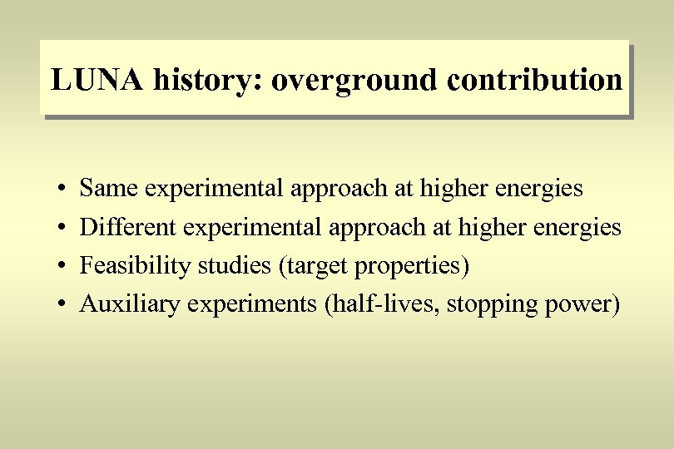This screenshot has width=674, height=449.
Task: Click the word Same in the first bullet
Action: (109, 189)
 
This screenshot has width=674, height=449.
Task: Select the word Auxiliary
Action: (130, 304)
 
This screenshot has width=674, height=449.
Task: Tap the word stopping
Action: (487, 305)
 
